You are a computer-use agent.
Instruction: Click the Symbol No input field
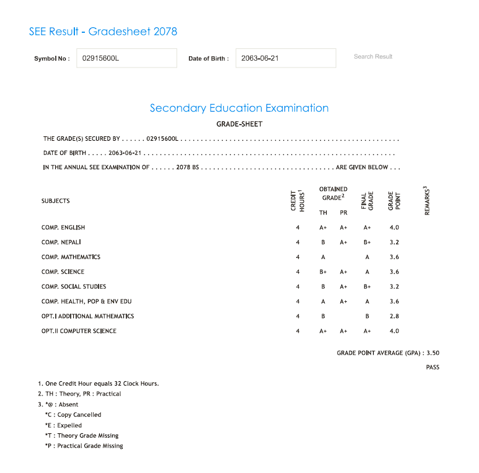(126, 58)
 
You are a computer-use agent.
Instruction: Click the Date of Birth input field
(286, 58)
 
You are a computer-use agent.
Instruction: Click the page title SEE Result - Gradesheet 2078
(103, 31)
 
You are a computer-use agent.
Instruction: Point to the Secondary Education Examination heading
(239, 108)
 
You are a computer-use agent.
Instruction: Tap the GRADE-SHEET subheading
(239, 124)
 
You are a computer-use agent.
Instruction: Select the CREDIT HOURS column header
(298, 201)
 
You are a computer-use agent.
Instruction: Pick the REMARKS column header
(428, 201)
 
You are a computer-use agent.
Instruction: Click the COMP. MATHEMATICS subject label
(71, 257)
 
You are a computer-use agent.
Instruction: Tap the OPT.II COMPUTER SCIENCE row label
(79, 331)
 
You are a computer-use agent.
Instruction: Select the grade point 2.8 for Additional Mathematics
(394, 316)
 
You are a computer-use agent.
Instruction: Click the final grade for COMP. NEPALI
(367, 242)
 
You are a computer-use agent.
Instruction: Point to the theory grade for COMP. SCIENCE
(323, 272)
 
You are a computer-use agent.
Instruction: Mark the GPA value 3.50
(433, 353)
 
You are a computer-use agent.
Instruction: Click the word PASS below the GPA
(433, 368)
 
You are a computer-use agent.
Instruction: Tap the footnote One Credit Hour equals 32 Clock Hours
(99, 384)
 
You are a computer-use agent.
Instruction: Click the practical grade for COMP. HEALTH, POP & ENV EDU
(344, 302)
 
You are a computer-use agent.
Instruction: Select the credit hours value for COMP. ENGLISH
(298, 228)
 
